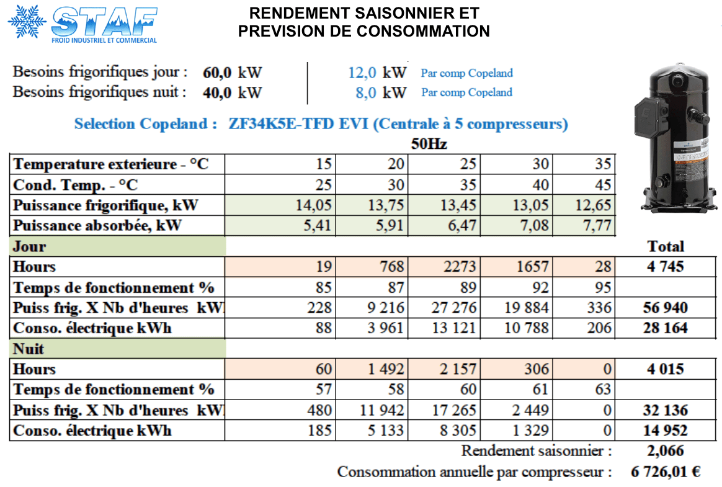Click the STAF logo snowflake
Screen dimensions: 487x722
point(27,22)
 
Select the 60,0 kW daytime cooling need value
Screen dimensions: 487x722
point(218,73)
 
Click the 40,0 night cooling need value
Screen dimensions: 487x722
point(218,93)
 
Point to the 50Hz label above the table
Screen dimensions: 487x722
point(429,145)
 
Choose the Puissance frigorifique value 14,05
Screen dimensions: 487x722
point(315,205)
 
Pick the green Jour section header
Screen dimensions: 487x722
point(118,246)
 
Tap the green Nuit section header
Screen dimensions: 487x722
point(118,349)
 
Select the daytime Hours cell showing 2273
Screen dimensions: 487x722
point(460,267)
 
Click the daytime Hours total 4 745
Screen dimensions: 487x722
point(666,267)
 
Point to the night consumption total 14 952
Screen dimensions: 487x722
point(666,431)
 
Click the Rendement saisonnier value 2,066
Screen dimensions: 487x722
point(666,451)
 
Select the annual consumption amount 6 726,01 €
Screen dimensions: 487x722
point(666,472)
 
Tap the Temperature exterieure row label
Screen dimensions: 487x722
point(111,164)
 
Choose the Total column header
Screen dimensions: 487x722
point(666,246)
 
